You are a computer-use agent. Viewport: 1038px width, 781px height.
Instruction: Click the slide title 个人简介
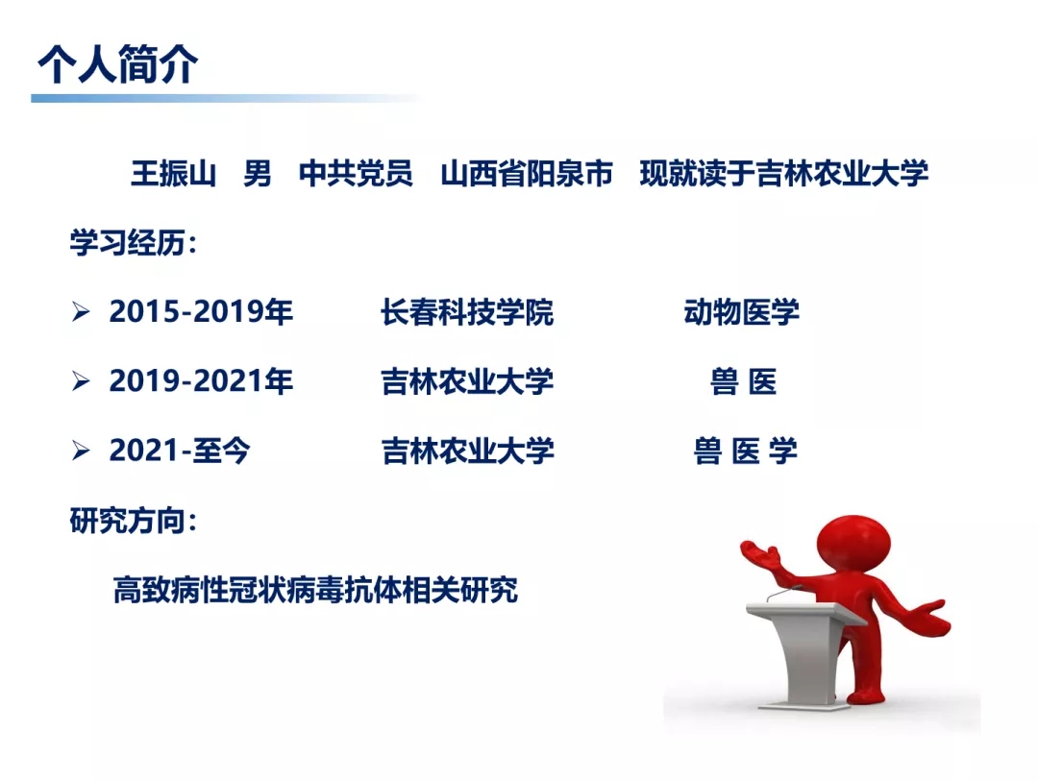tap(118, 64)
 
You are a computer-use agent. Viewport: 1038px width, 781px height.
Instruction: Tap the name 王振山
tap(173, 174)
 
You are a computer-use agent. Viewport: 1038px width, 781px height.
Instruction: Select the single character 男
tap(257, 174)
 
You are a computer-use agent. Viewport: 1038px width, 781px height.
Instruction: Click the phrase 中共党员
tap(356, 174)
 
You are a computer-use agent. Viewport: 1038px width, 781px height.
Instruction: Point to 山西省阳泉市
tap(527, 174)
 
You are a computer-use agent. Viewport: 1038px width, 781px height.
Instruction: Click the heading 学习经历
tap(133, 243)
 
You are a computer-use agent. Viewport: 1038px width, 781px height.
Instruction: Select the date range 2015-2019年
tap(201, 312)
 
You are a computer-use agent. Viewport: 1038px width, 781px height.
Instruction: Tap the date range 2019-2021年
tap(201, 381)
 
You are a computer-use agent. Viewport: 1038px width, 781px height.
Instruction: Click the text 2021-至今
tap(180, 451)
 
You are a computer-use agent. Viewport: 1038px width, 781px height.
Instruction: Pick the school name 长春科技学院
tap(467, 312)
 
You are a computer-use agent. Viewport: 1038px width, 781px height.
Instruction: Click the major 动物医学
tap(741, 312)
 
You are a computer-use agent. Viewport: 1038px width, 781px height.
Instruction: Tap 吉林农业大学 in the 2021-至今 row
tap(467, 452)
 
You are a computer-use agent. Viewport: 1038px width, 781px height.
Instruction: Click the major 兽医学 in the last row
tap(746, 452)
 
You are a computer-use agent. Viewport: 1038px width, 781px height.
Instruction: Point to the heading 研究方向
tap(133, 521)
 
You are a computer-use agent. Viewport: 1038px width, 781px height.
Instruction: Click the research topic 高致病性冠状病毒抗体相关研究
tap(315, 590)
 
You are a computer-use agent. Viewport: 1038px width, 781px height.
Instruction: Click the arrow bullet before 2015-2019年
tap(81, 312)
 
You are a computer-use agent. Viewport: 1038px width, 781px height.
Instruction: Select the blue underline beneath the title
tap(225, 99)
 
